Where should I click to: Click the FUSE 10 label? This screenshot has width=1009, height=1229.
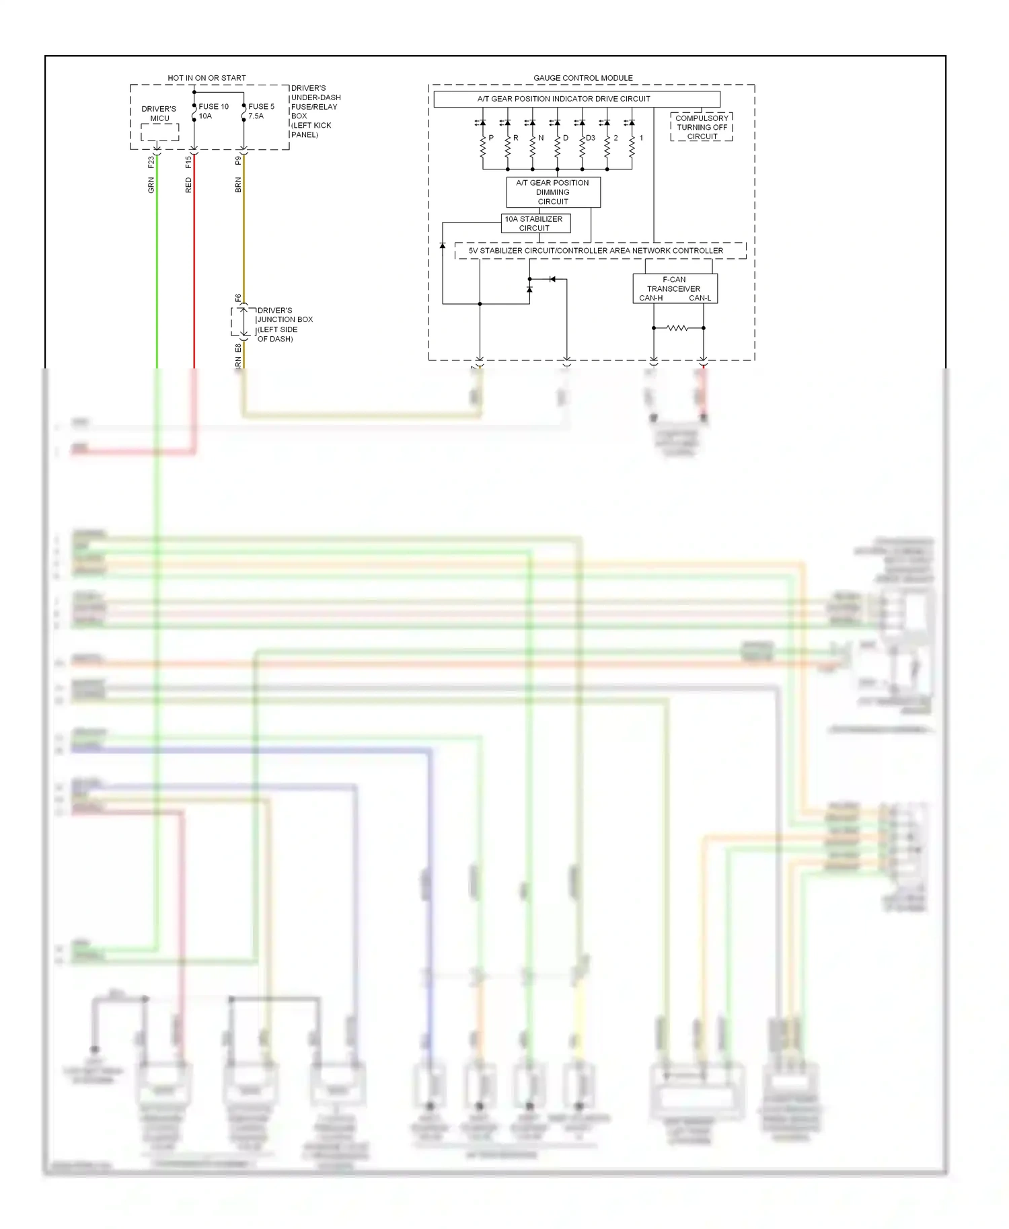213,106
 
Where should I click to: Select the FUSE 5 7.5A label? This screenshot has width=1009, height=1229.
260,111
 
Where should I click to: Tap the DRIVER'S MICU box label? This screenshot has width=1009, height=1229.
159,114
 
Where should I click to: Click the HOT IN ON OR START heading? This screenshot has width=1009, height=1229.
207,78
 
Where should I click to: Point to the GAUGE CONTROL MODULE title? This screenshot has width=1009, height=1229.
583,78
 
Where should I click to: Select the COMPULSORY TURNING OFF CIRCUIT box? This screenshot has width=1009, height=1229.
702,127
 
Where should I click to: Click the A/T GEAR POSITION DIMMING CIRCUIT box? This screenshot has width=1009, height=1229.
553,192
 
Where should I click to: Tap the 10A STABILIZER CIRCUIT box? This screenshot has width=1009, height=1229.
535,223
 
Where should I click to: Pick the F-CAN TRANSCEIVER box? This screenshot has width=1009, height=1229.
674,288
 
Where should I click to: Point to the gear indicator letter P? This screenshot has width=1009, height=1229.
491,138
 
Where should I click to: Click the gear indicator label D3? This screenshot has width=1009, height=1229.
591,138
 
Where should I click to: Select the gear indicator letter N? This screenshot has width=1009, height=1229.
541,138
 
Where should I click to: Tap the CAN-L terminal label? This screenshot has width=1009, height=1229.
700,298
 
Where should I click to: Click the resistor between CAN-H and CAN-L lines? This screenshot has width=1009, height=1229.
677,328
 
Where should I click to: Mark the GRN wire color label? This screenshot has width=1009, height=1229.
151,186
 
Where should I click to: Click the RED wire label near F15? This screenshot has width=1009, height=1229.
188,186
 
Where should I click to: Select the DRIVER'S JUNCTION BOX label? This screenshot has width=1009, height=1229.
284,325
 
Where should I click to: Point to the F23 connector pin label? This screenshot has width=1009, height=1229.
151,162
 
